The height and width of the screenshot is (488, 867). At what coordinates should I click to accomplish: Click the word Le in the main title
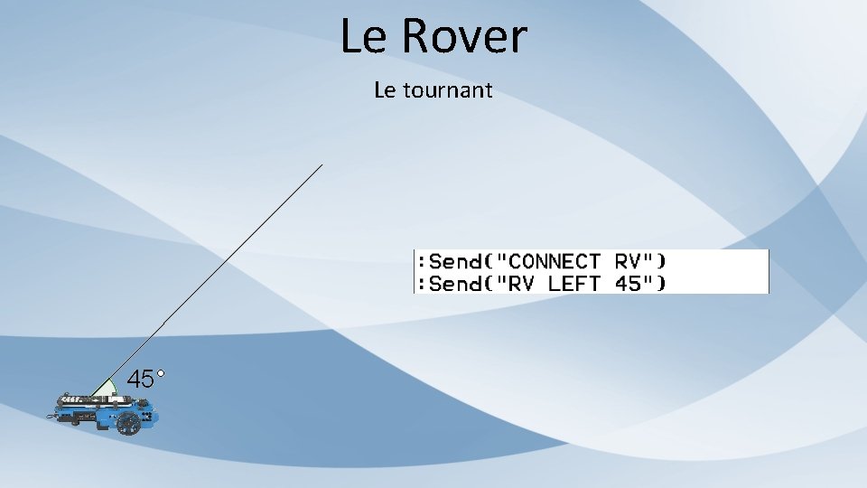363,37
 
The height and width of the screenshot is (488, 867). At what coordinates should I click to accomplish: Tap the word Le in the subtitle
384,90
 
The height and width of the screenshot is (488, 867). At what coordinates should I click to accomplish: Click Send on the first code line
456,261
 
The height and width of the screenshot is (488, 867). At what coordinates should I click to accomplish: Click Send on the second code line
456,284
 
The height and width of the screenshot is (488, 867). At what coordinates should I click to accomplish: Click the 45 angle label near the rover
140,380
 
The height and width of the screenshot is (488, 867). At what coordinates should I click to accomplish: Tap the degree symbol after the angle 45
160,371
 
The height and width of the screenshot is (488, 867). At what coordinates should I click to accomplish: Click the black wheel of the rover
128,422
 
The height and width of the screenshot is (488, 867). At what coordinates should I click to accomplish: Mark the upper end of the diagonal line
322,165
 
